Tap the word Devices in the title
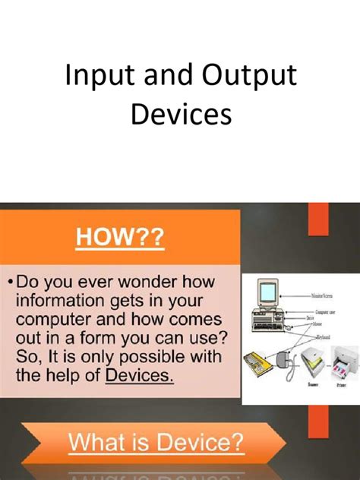click(x=180, y=115)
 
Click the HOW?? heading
click(x=120, y=238)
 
